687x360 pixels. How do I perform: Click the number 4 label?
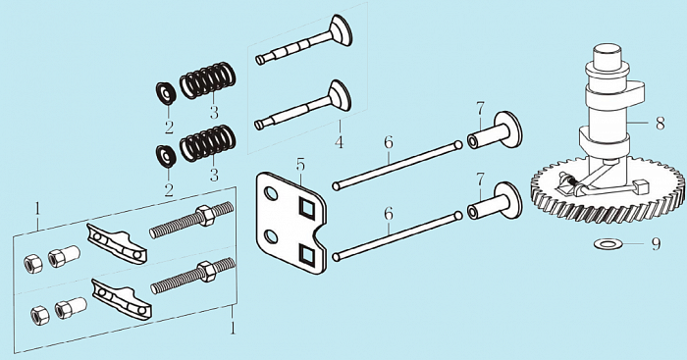340,142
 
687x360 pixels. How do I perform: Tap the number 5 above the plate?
300,165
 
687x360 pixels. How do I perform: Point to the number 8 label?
660,124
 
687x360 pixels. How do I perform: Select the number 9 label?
656,244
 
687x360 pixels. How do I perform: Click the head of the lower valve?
341,95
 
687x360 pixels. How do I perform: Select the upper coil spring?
208,80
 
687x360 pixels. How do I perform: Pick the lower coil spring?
208,143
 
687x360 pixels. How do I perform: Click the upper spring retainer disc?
166,93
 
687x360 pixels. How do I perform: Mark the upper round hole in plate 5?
271,192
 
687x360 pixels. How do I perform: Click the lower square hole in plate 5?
306,254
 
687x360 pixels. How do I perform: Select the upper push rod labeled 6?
397,164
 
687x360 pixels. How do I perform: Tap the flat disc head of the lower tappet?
508,200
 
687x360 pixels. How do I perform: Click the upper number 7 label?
480,109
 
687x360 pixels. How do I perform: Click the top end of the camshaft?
608,48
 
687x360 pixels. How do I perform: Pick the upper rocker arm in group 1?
116,243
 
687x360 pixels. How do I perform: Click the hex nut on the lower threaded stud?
205,272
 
